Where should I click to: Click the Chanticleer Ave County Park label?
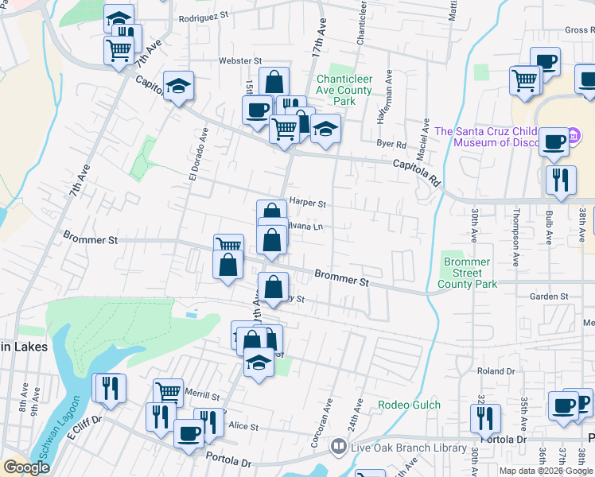pyautogui.click(x=344, y=90)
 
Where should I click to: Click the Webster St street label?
pyautogui.click(x=241, y=60)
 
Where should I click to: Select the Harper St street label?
pyautogui.click(x=308, y=204)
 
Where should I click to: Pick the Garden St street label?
pyautogui.click(x=549, y=297)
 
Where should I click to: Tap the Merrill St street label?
pyautogui.click(x=202, y=395)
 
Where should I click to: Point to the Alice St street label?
pyautogui.click(x=243, y=427)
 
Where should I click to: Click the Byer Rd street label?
pyautogui.click(x=391, y=145)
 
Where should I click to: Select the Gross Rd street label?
pyautogui.click(x=579, y=30)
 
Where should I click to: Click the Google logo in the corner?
pyautogui.click(x=27, y=467)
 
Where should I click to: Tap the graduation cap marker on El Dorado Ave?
pyautogui.click(x=179, y=85)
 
